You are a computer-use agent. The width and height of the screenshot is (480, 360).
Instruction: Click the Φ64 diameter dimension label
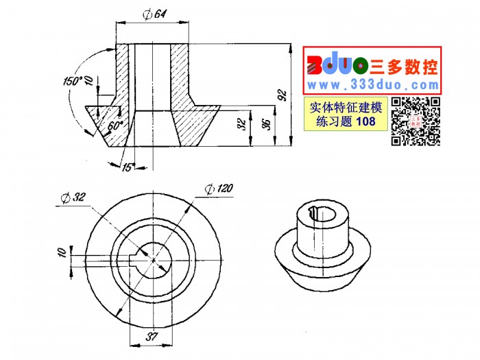coord(154,14)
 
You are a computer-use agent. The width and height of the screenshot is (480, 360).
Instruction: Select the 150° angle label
coord(73,81)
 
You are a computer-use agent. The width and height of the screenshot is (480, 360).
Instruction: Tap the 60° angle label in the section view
coord(115,125)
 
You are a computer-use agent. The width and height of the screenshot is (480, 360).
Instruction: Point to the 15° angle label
coord(129,167)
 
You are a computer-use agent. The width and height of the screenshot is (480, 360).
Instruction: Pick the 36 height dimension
coord(267,124)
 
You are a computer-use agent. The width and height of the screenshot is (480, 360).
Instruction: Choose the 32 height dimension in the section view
coord(242,124)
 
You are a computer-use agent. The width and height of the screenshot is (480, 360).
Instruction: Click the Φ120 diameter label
coord(219,189)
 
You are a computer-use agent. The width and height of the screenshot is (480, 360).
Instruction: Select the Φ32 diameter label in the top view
coord(73,197)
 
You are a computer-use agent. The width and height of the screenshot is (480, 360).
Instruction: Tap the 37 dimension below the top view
coord(152,337)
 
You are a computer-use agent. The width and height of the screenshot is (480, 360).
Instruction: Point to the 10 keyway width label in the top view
coord(62,252)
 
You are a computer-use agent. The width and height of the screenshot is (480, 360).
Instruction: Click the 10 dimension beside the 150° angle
coord(88,80)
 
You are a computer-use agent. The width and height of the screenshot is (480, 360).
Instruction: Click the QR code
coord(416,121)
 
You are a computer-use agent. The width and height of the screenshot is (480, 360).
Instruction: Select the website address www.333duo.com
coord(373,85)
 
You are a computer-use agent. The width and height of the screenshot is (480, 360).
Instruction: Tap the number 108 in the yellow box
coord(366,121)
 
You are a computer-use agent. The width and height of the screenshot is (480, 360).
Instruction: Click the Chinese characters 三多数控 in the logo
coord(404,67)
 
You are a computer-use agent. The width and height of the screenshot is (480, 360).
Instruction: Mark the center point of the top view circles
coord(154,260)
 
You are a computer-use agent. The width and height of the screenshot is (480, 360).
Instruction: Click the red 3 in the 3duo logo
coord(315,65)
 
